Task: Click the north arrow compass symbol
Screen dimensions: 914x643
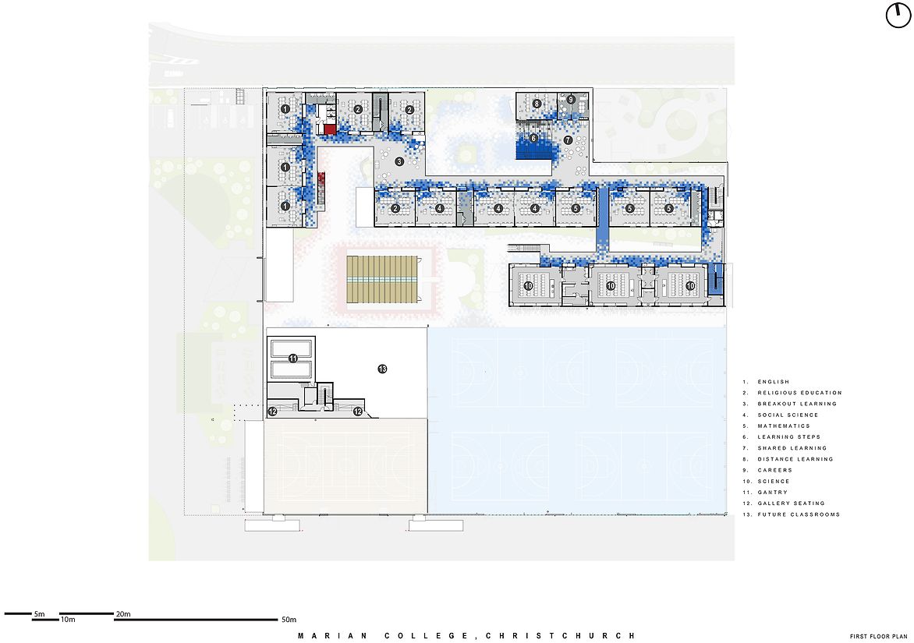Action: [898, 15]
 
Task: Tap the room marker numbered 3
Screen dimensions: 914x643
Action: [399, 161]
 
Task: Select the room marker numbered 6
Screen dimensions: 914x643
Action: [533, 139]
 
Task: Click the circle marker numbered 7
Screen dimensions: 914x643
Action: [568, 140]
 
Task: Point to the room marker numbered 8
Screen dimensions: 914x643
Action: [537, 104]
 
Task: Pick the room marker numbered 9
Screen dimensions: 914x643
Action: [571, 100]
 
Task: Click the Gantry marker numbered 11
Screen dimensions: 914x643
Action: [292, 359]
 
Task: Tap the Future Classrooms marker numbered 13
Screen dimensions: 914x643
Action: [382, 369]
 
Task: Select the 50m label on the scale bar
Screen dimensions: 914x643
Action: [289, 619]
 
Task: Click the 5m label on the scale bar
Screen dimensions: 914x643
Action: [39, 614]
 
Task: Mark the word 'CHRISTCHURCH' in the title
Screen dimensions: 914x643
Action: [560, 636]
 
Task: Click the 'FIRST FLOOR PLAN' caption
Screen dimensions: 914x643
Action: [878, 637]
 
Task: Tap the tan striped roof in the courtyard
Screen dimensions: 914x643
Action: [382, 279]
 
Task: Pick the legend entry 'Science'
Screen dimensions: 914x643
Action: [774, 481]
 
